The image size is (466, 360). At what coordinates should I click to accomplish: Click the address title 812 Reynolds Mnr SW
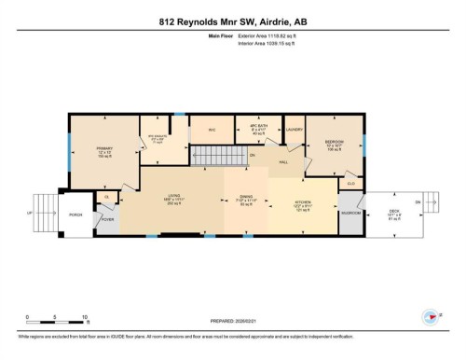click(x=232, y=20)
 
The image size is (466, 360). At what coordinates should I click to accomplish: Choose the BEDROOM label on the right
click(x=336, y=143)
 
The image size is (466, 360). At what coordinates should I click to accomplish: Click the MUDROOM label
click(x=350, y=214)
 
